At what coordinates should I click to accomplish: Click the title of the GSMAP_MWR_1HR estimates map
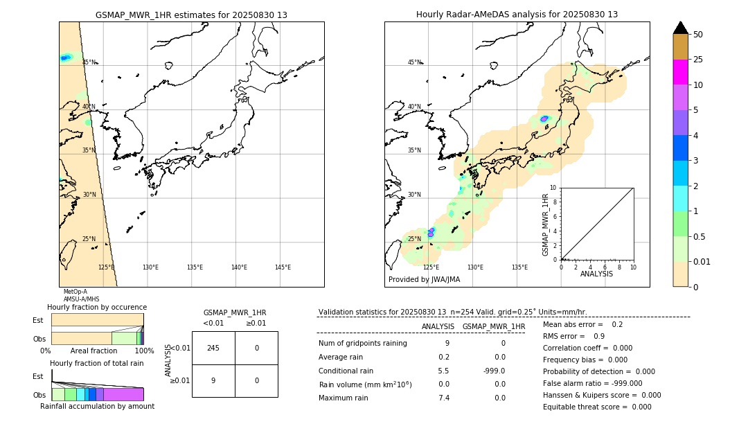coord(191,15)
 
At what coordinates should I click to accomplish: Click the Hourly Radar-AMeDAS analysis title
coord(517,15)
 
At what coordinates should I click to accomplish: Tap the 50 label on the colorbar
coord(698,35)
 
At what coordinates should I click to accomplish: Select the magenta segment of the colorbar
coord(680,72)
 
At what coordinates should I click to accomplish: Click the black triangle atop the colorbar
coord(680,28)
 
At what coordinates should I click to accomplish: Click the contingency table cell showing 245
coord(213,348)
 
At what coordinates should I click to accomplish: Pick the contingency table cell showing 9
coord(213,380)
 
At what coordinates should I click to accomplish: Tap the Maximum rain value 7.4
coord(443,398)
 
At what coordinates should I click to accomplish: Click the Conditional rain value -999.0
coord(494,371)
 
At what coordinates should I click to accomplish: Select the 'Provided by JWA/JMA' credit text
coord(424,280)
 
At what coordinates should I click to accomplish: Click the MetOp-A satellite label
coord(75,292)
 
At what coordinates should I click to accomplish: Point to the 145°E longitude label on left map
coord(283,267)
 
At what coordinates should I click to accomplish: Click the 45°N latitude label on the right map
coord(414,62)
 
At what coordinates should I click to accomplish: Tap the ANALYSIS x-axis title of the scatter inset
coord(596,274)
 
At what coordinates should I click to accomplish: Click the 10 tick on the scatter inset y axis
coord(553,188)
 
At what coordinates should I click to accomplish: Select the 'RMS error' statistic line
coord(573,336)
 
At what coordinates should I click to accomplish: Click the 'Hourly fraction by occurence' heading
coord(97,307)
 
